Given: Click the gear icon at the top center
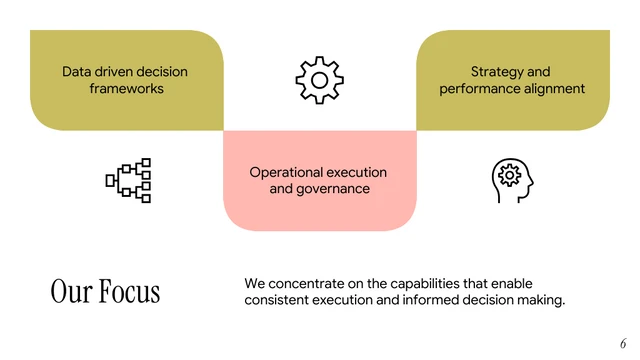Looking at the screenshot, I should [319, 80].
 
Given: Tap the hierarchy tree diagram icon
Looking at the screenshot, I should [128, 180].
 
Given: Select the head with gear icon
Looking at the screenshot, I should [508, 179].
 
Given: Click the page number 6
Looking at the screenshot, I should [623, 341].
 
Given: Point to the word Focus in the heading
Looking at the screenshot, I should [129, 291].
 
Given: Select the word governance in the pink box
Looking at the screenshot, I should [335, 189].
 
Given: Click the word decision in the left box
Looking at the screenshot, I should [163, 72].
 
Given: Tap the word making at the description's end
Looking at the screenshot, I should [541, 300].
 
